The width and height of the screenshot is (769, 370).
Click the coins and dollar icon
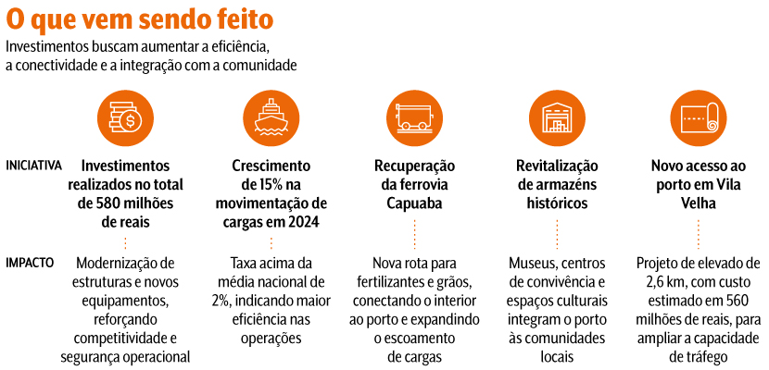[x=125, y=116]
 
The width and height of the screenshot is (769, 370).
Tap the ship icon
[x=270, y=116]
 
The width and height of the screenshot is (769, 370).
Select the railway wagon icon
[x=414, y=116]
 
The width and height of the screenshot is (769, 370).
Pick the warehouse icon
[x=558, y=116]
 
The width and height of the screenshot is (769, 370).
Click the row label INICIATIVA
[x=34, y=166]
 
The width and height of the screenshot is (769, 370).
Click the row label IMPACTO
[x=30, y=262]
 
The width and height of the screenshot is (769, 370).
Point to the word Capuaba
[x=414, y=202]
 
